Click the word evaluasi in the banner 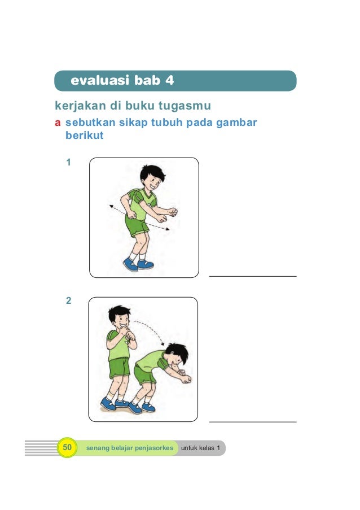point(100,80)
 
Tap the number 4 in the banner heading point(170,80)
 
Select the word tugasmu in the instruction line point(185,106)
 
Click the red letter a point(58,123)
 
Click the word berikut point(85,136)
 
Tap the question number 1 point(68,162)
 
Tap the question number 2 point(68,300)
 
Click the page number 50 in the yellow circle point(67,447)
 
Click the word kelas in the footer point(207,448)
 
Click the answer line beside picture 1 point(253,277)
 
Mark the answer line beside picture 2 point(253,422)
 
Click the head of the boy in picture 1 point(152,178)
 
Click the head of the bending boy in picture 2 point(177,354)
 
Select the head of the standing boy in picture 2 point(120,317)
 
